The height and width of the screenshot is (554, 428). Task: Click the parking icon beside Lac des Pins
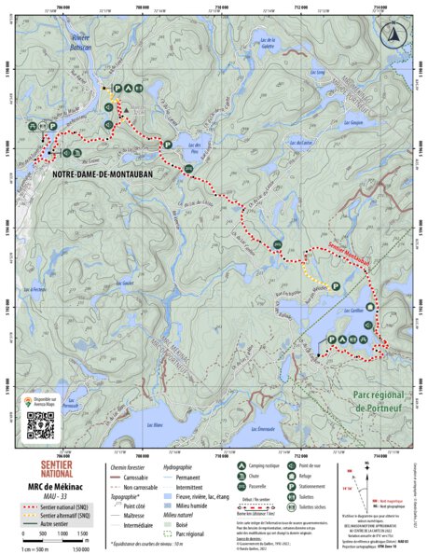167,145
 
